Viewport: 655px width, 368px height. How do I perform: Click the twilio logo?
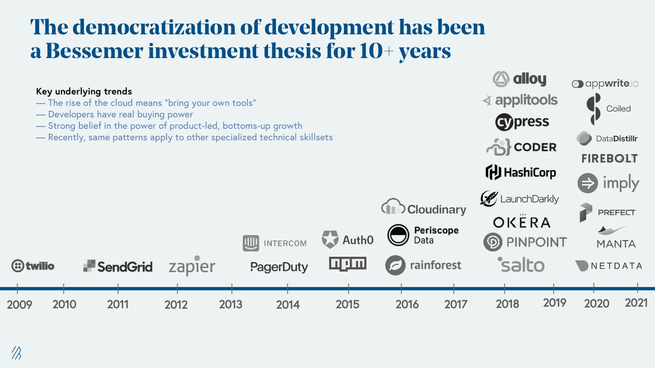pos(33,266)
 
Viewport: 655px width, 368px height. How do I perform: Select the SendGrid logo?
pos(118,267)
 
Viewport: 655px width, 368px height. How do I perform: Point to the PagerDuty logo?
pos(279,267)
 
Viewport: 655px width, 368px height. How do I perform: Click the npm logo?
pos(348,264)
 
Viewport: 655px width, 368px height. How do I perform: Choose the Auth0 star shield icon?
pos(330,240)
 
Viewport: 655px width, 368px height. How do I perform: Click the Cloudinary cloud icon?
pos(393,207)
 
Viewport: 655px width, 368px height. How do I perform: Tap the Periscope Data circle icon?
pos(398,235)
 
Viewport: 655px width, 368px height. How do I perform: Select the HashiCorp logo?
pos(520,172)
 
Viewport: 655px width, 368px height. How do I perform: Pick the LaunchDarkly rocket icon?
pos(489,199)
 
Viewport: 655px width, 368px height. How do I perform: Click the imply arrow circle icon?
pos(587,183)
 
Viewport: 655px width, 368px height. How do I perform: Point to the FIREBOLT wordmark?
pos(609,159)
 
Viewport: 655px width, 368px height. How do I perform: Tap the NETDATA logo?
pos(608,266)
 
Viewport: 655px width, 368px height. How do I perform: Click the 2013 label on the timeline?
pos(230,304)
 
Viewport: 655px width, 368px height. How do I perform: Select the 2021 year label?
pos(636,303)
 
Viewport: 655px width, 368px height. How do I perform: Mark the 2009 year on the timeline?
pos(19,305)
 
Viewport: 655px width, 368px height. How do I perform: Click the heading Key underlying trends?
pos(84,91)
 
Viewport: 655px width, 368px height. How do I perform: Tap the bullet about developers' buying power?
pos(120,114)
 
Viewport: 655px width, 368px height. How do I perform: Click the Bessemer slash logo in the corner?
pos(16,353)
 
